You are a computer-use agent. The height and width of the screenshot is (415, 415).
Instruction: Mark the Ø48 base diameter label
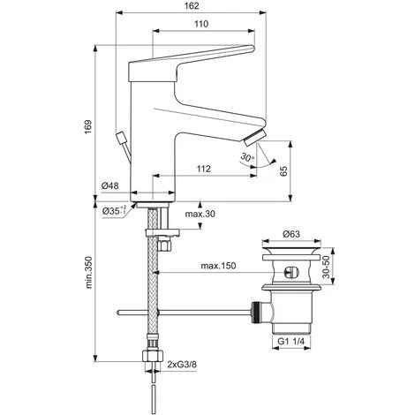click(x=110, y=186)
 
